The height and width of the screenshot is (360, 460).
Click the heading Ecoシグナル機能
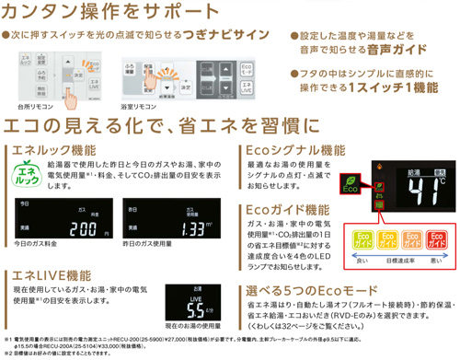click(x=292, y=150)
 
